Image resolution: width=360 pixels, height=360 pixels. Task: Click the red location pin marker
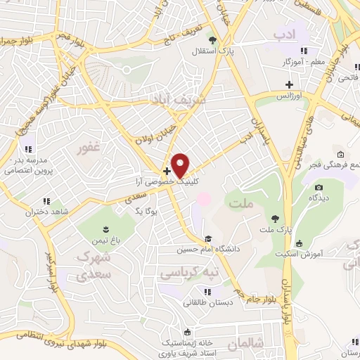[181, 165]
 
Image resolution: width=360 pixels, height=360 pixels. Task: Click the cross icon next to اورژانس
[289, 84]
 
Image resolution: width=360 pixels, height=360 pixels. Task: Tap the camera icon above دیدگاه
[319, 187]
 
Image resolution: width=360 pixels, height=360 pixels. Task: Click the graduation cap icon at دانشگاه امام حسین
[207, 238]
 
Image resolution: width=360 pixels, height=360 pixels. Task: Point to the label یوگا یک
[149, 210]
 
